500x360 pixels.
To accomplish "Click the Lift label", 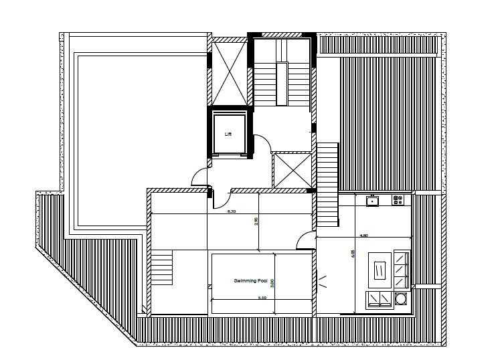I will coord(228,134).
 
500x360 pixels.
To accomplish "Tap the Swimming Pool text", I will coord(250,281).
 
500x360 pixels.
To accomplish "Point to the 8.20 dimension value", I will coord(231,211).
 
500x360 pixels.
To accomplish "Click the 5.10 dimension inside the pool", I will coord(262,298).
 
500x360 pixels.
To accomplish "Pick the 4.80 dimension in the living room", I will coord(363,236).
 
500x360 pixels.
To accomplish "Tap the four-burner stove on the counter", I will coord(398,199).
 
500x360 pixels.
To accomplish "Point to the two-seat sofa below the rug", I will coord(380,299).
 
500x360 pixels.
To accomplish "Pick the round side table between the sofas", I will coord(402,299).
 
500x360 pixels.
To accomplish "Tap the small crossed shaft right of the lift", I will coord(293,171).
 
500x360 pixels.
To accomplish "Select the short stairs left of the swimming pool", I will coord(161,268).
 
